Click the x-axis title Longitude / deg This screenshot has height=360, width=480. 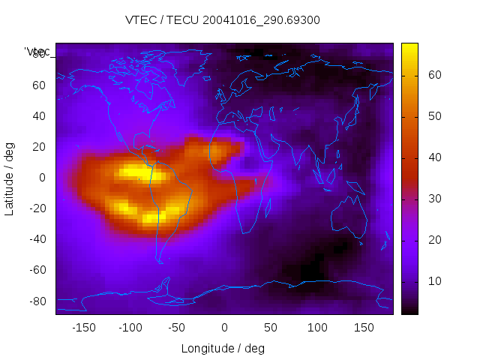pos(223,349)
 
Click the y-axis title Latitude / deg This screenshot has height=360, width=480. pos(10,178)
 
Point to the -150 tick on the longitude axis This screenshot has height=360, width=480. pos(84,328)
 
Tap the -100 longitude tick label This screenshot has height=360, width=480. pos(130,328)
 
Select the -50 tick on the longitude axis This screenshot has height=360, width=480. pos(177,328)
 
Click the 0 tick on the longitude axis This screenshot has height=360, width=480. pos(224,328)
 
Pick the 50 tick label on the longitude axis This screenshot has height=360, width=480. pos(271,328)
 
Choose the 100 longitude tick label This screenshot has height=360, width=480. pos(317,328)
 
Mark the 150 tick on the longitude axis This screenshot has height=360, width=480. pos(364,328)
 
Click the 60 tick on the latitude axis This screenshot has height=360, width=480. pos(39,85)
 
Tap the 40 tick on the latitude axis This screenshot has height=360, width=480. pos(39,116)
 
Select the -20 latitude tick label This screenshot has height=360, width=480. pos(37,208)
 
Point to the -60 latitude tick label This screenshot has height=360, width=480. pos(37,270)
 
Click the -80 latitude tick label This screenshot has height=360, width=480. pos(37,301)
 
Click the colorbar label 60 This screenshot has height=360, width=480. pos(433,75)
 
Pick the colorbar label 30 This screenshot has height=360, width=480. pos(433,199)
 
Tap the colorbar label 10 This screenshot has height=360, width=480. pos(433,281)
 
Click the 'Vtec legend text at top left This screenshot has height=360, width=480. pos(37,51)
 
